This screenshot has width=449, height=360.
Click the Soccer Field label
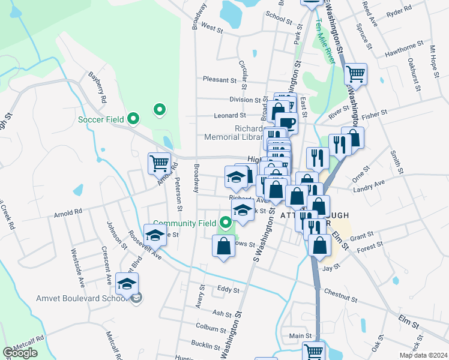(x=101, y=119)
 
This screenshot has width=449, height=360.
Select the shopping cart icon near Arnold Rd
(x=159, y=163)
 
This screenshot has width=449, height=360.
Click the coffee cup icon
(x=286, y=123)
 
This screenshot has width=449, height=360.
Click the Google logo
(x=20, y=353)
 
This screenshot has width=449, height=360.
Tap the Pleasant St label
(x=220, y=80)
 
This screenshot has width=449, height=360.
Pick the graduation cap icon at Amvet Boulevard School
(x=127, y=283)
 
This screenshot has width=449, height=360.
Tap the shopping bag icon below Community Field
(x=223, y=246)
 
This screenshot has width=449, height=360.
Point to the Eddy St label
(x=228, y=290)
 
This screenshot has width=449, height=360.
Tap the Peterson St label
(x=178, y=193)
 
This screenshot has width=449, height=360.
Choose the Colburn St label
(x=210, y=327)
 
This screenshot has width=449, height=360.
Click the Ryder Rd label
(x=399, y=11)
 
